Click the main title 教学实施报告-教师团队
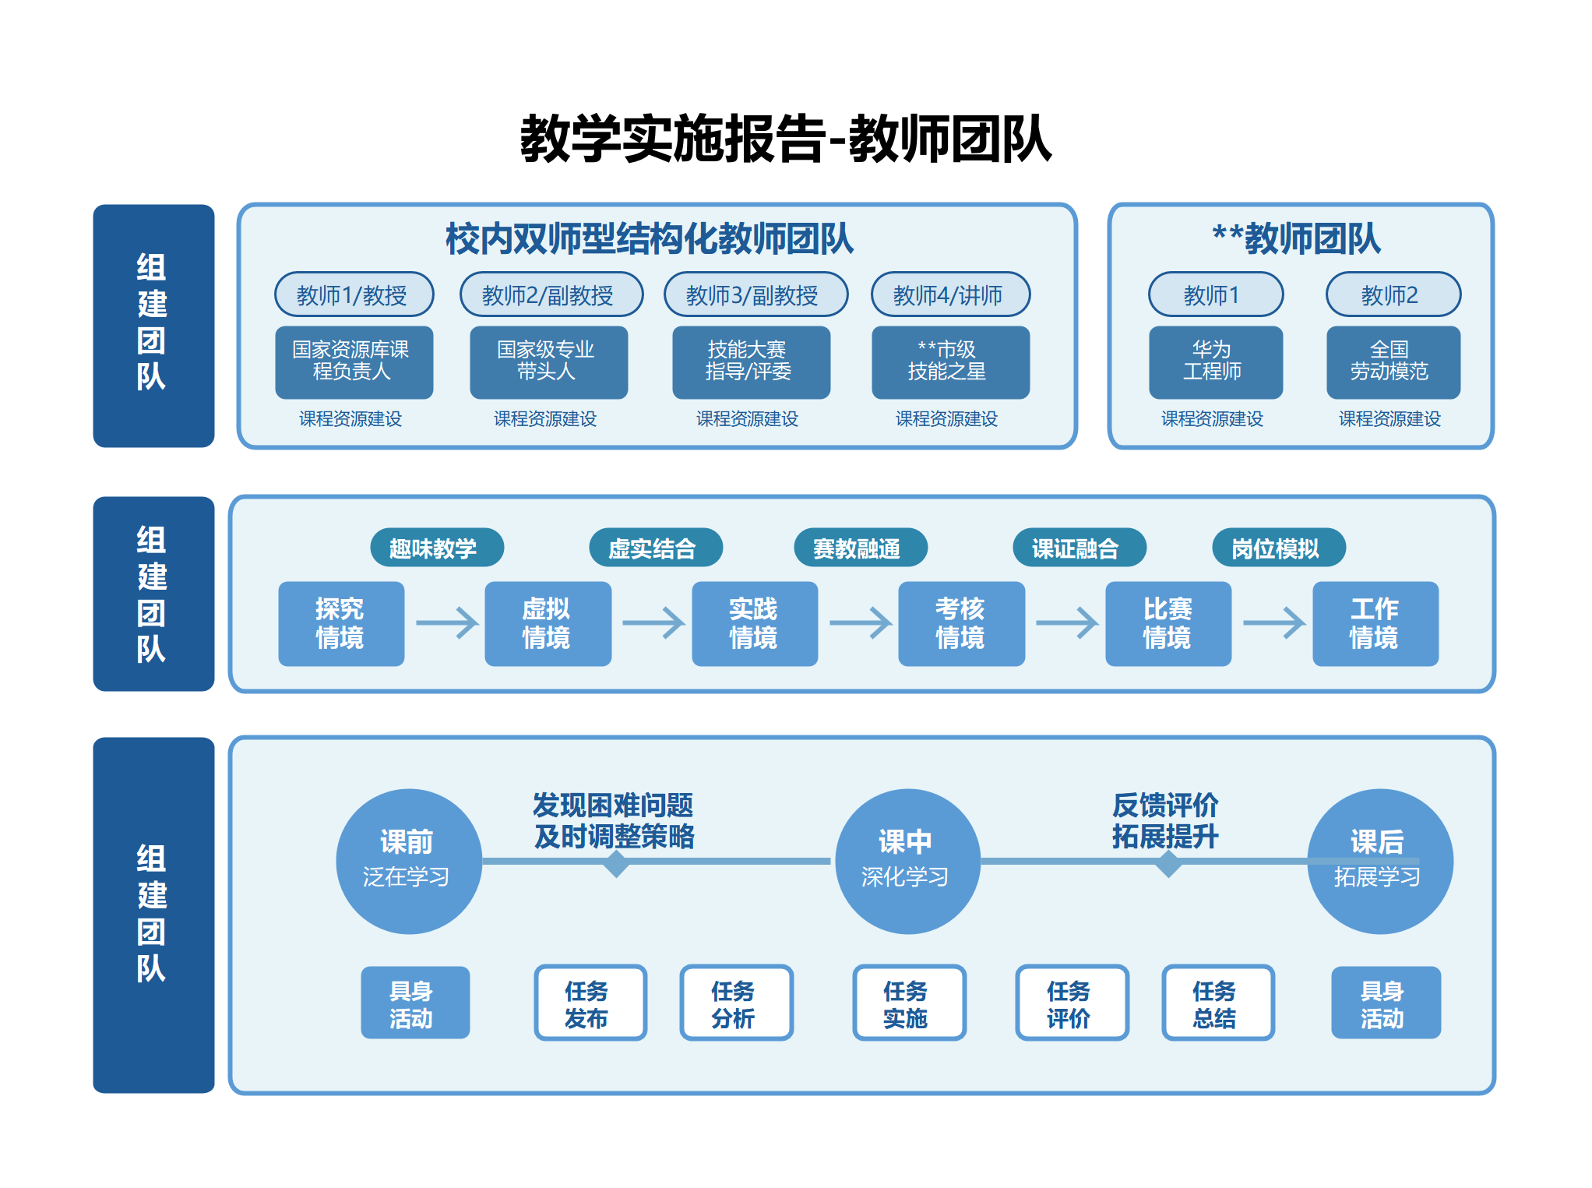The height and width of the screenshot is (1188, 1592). pos(785,139)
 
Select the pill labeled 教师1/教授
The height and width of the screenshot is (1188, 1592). pos(354,294)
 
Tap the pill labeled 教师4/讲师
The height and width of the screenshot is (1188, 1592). pos(950,294)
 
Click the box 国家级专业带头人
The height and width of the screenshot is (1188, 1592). pos(548,361)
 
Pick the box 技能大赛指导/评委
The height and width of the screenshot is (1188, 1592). pos(751,361)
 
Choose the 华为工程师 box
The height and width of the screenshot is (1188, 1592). pos(1215,361)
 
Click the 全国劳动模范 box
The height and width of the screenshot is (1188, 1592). pos(1393,361)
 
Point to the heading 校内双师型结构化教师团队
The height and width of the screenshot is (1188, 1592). pos(649,238)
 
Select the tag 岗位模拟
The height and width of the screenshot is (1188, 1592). pos(1278,548)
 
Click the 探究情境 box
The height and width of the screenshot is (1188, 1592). pos(341,623)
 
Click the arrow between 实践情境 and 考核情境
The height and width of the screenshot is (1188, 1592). pos(860,623)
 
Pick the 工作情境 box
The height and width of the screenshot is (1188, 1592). pos(1375,623)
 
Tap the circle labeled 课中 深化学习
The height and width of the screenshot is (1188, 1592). pos(907,861)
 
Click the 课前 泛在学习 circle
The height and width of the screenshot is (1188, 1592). pos(408,861)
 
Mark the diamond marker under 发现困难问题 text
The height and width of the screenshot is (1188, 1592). pos(616,863)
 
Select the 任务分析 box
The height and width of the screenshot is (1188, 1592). pos(736,1003)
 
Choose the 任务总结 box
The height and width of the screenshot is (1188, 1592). pos(1217,1003)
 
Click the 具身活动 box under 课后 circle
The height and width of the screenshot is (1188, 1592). pos(1385,1003)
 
